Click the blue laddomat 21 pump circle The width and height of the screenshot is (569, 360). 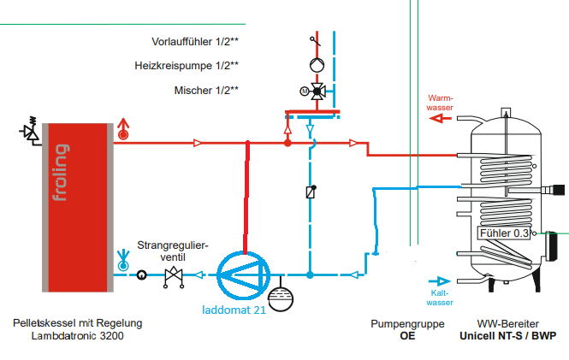(218, 275)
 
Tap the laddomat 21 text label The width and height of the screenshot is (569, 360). (234, 310)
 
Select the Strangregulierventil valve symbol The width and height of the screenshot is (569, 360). (174, 277)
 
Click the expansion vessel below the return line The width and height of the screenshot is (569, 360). (281, 298)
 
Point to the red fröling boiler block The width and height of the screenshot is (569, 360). (78, 208)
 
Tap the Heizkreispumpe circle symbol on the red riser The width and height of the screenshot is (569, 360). (317, 65)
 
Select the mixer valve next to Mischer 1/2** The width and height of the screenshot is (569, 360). (315, 91)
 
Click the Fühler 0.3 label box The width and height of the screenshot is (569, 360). (504, 233)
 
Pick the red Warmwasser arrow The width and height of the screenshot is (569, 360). (440, 118)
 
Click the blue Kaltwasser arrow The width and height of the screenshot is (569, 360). (440, 281)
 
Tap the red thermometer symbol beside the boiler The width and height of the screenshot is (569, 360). (123, 129)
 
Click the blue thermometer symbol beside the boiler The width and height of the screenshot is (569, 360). (123, 260)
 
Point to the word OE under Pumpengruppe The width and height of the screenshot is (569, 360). (407, 336)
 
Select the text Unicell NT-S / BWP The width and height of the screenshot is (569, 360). (507, 336)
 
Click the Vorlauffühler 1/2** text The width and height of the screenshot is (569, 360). (195, 42)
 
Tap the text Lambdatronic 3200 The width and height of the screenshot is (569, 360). (77, 336)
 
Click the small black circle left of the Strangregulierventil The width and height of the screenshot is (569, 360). (141, 275)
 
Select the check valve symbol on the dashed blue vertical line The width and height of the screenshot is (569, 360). (311, 192)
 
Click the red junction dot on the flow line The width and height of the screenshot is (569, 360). (287, 143)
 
